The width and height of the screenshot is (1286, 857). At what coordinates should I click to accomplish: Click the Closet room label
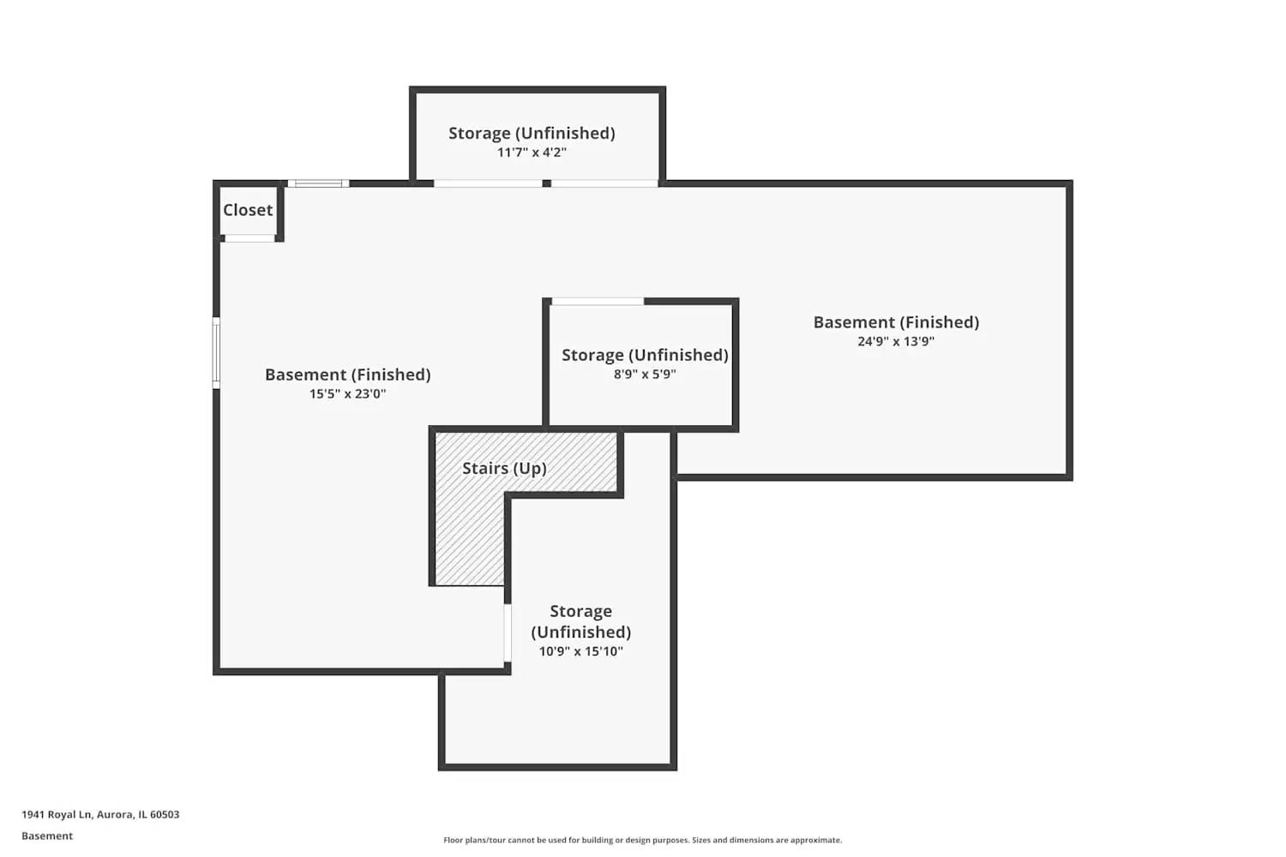248,210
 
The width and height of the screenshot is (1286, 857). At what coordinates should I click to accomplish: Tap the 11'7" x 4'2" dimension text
532,153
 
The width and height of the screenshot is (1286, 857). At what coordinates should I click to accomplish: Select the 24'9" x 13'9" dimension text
896,341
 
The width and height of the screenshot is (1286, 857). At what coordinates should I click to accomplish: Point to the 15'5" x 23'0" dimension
347,394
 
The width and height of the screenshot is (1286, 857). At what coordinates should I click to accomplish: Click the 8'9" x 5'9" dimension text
645,375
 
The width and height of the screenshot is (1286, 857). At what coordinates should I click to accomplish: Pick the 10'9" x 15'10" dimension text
580,651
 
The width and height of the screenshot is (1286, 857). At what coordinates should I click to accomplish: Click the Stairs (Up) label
504,468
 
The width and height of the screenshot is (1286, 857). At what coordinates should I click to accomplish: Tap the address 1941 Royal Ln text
100,815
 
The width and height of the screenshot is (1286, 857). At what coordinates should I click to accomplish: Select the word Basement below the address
47,836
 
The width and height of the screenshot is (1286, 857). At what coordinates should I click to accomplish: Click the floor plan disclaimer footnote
642,841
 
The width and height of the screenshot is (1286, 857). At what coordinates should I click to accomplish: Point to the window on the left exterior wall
216,352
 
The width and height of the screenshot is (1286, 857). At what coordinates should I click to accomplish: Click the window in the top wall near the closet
318,183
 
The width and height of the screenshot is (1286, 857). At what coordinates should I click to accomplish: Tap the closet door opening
249,238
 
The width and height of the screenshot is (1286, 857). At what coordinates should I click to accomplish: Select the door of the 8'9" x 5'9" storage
597,302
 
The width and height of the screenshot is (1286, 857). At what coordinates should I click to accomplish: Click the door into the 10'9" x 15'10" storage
508,632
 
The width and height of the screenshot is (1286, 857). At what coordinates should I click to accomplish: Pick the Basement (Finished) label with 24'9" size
896,322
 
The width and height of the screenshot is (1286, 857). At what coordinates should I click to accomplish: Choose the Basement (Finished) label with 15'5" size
347,375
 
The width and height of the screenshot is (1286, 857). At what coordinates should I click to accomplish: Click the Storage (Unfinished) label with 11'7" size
532,133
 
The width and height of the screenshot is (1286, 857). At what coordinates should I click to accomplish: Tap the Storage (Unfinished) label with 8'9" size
645,355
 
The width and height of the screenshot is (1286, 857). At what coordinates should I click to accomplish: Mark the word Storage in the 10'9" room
580,611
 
